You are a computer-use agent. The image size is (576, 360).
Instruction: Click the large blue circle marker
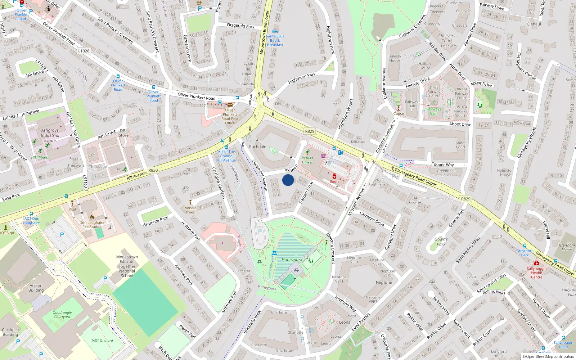pyautogui.click(x=288, y=180)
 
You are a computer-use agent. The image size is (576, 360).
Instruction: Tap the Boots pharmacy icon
pyautogui.click(x=334, y=176)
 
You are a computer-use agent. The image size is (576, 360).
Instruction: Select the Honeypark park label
pyautogui.click(x=292, y=260)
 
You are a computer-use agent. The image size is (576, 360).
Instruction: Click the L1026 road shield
pyautogui.click(x=84, y=51)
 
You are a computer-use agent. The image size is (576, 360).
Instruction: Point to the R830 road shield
pyautogui.click(x=153, y=170)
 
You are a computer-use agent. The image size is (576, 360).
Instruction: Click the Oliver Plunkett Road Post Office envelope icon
pyautogui.click(x=230, y=105)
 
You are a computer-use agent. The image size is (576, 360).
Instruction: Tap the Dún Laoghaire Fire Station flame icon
pyautogui.click(x=92, y=217)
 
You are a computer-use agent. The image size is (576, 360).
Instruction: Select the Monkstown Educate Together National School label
pyautogui.click(x=127, y=266)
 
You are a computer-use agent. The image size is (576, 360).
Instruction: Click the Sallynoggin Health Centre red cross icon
pyautogui.click(x=536, y=263)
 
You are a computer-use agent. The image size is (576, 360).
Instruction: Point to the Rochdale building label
pyautogui.click(x=258, y=147)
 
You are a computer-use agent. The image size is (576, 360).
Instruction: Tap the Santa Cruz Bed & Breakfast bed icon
pyautogui.click(x=275, y=31)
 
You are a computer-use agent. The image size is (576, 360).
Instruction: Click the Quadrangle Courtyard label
pyautogui.click(x=62, y=315)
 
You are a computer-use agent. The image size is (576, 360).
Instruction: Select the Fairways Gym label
pyautogui.click(x=433, y=111)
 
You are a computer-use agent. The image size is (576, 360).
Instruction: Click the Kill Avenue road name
pyautogui.click(x=137, y=176)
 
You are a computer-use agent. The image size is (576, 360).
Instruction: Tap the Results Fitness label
pyautogui.click(x=307, y=160)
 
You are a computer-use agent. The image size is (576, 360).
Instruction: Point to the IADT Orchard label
pyautogui.click(x=102, y=340)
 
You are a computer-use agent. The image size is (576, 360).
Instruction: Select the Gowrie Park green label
pyautogui.click(x=441, y=242)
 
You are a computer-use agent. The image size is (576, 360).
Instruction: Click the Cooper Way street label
pyautogui.click(x=442, y=165)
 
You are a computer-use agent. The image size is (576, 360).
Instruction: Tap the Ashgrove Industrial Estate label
pyautogui.click(x=50, y=135)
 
